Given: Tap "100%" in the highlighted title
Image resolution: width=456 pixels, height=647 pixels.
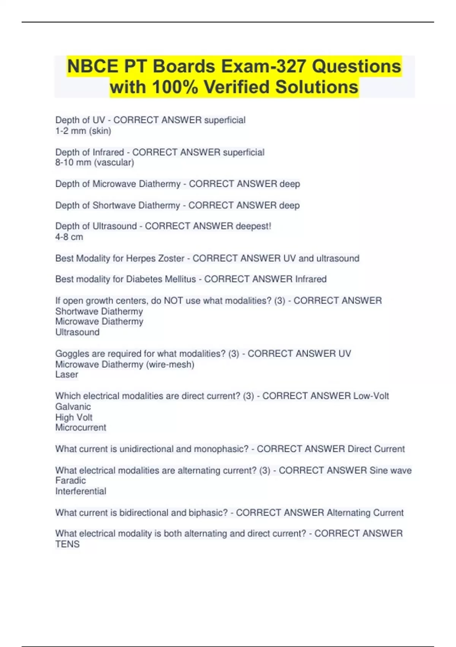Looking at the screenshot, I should click(175, 87).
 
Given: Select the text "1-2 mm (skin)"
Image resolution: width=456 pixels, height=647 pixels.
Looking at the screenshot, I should click(83, 131).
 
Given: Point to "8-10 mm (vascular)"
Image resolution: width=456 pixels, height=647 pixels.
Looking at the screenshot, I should click(95, 163).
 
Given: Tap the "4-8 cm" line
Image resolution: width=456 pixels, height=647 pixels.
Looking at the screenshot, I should click(69, 237).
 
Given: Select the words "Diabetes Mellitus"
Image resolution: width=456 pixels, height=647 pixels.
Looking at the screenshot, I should click(161, 279).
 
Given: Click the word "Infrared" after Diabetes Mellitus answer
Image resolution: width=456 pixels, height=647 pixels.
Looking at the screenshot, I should click(311, 279).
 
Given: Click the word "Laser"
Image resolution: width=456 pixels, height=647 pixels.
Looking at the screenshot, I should click(67, 374).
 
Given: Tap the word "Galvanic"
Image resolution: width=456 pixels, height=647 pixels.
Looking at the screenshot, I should click(73, 406).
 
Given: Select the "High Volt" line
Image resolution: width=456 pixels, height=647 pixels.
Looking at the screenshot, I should click(74, 417).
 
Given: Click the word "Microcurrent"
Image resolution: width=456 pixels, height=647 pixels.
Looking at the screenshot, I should click(81, 427).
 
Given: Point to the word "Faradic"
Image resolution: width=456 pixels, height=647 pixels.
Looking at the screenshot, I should click(71, 480).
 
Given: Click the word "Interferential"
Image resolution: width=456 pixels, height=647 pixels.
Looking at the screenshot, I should click(81, 491).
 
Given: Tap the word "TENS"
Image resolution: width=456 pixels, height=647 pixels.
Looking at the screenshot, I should click(67, 544).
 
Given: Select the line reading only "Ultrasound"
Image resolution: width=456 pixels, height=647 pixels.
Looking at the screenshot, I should click(78, 332).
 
